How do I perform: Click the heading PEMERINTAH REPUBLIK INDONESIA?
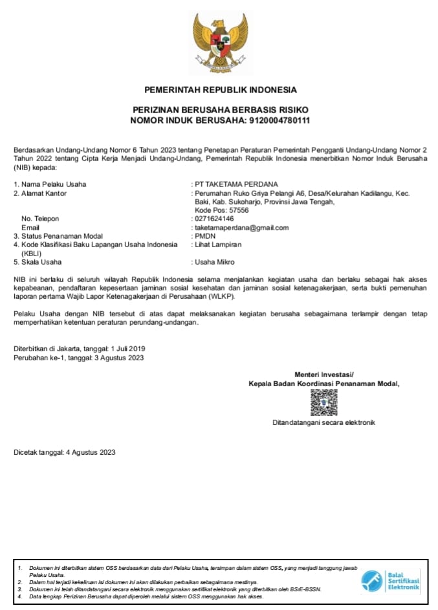221,89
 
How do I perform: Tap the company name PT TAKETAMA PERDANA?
236,184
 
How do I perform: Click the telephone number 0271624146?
214,219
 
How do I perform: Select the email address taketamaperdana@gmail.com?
241,228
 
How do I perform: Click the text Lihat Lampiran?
218,245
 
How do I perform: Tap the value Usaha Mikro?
215,262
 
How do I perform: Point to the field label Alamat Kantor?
44,193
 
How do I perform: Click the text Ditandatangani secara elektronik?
323,423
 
